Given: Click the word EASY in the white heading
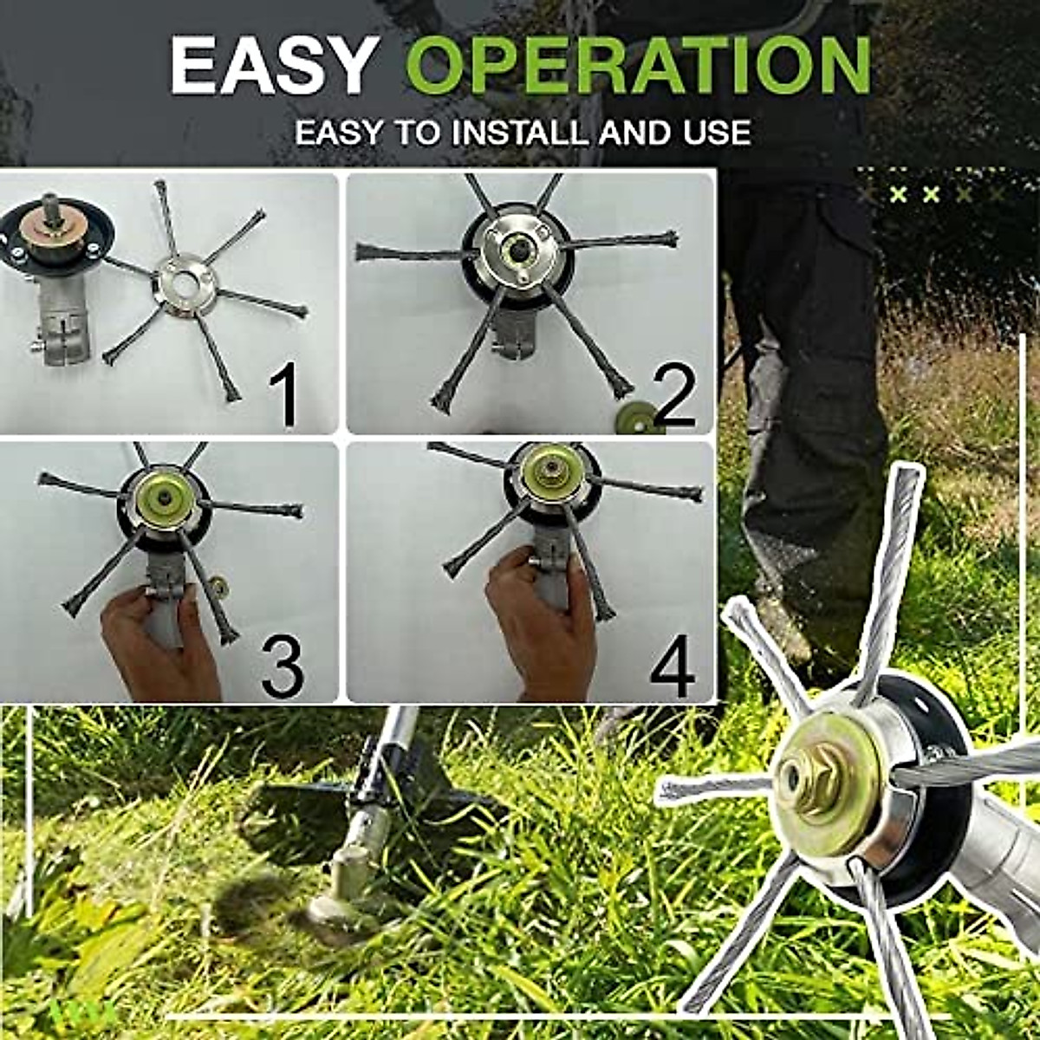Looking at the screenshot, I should click(273, 66).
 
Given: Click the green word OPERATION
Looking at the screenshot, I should click(638, 66).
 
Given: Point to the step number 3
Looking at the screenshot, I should click(283, 666).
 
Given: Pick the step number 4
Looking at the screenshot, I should click(672, 666).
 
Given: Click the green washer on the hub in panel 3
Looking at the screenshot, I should click(162, 500).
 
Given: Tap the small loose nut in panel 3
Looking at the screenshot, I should click(220, 588).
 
